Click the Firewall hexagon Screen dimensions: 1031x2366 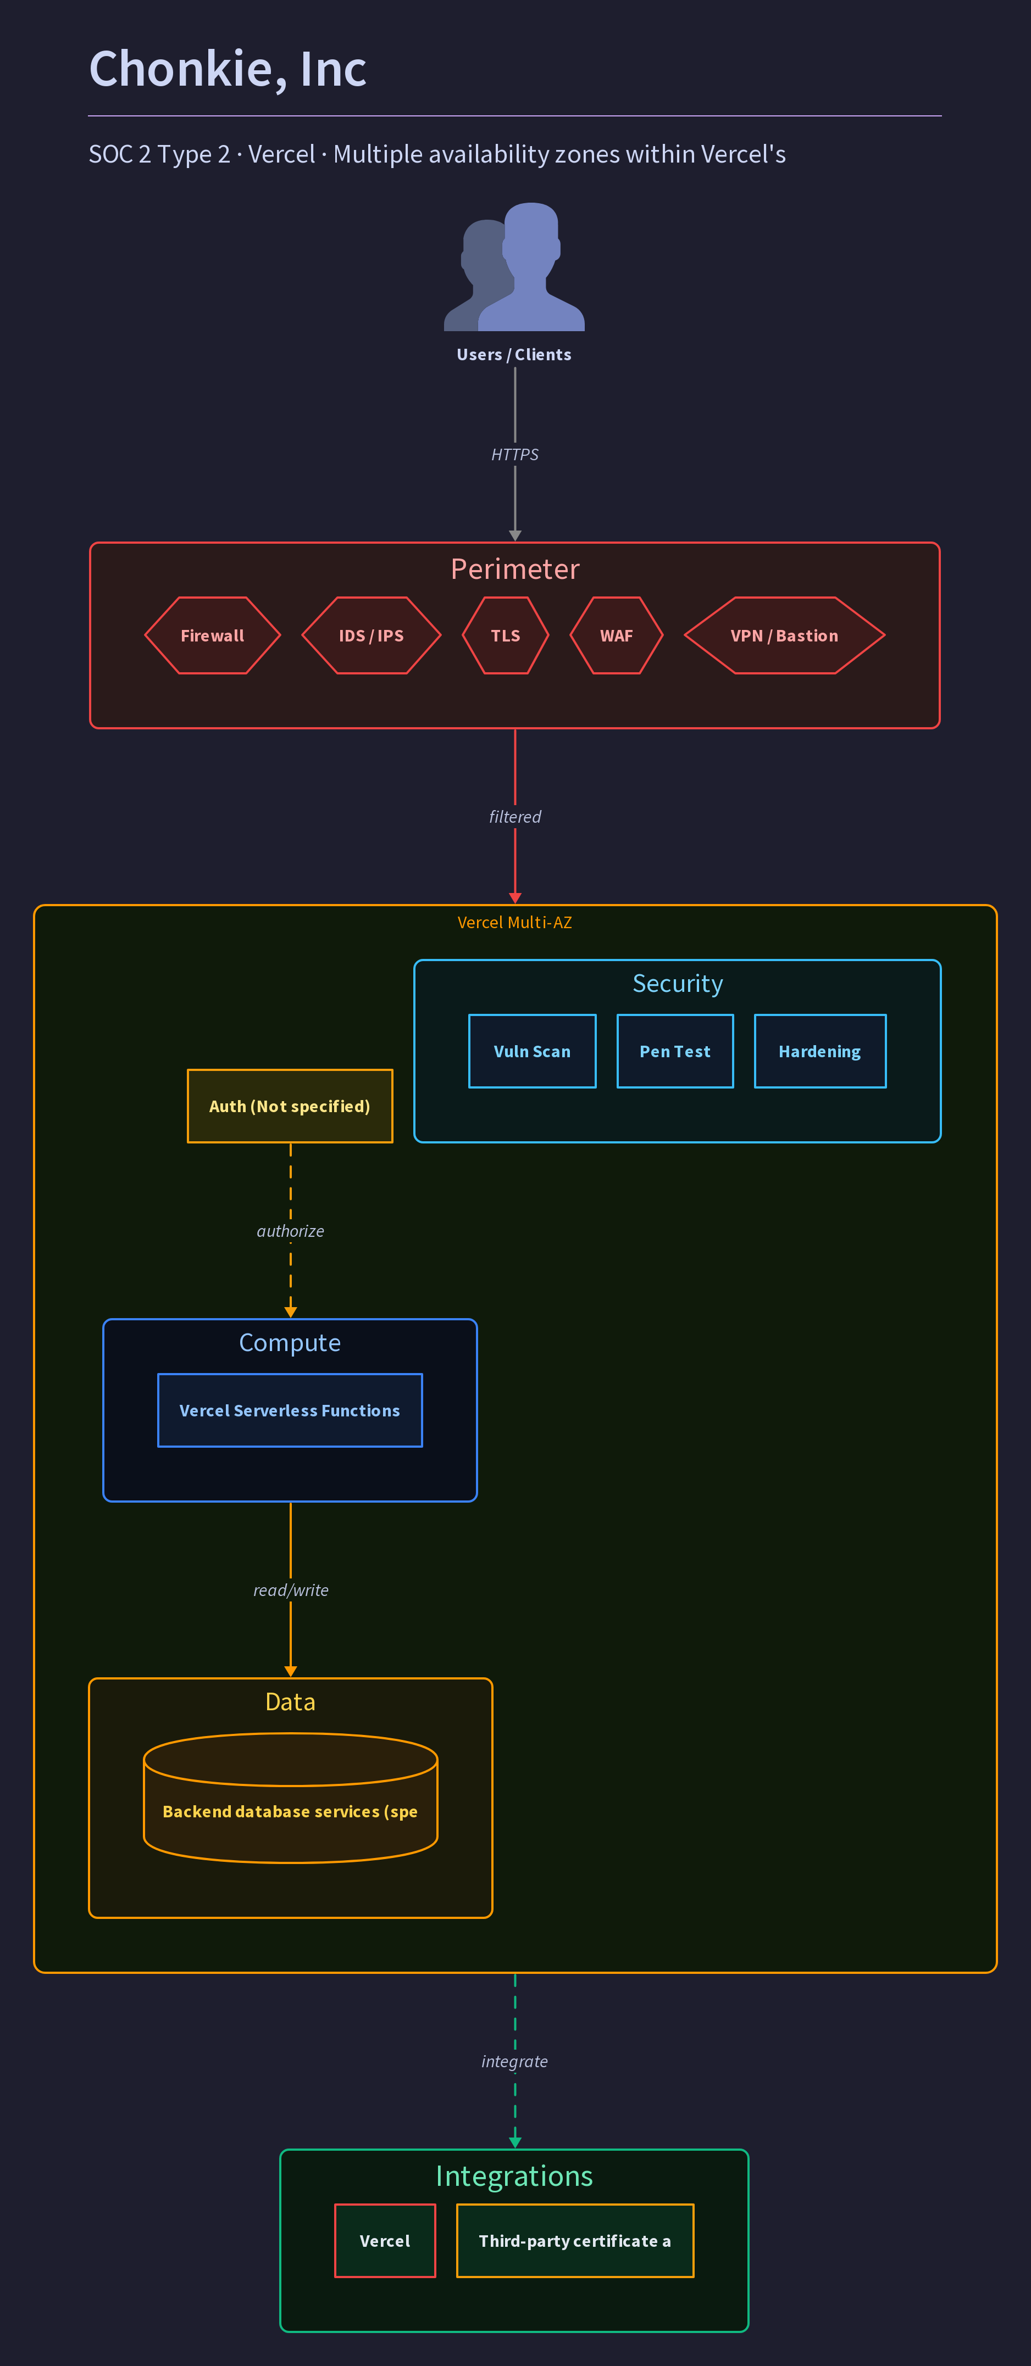(212, 635)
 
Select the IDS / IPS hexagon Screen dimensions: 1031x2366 (371, 635)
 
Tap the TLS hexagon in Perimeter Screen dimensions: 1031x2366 (506, 635)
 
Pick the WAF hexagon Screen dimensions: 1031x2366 (617, 635)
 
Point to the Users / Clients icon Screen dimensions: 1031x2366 (514, 266)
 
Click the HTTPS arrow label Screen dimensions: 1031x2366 (514, 455)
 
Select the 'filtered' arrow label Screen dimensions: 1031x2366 (514, 817)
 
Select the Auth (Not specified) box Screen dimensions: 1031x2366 (290, 1106)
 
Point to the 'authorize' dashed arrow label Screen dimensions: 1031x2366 (290, 1231)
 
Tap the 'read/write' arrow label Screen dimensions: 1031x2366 (290, 1590)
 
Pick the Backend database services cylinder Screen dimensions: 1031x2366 (290, 1798)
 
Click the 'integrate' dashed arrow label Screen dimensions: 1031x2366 (514, 2061)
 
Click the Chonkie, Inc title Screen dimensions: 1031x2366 (228, 69)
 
